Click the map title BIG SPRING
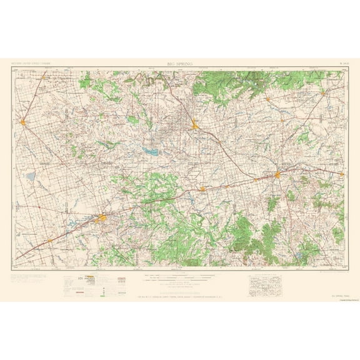coord(180,64)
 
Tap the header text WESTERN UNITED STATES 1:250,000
coord(31,64)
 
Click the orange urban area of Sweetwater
coord(277,176)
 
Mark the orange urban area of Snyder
coord(195,126)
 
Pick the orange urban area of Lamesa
coord(22,121)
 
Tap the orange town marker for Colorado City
coord(203,187)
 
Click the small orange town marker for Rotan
coord(267,98)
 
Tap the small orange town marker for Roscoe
coord(254,179)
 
